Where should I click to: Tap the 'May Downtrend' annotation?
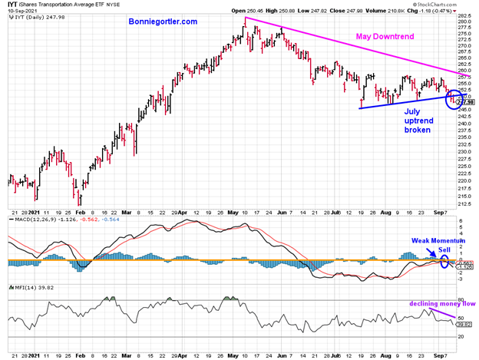[389, 37]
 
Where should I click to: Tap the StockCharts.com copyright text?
[451, 4]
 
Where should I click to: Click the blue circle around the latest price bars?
[453, 98]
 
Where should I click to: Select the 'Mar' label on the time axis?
[126, 213]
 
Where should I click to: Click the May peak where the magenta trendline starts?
[245, 17]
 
